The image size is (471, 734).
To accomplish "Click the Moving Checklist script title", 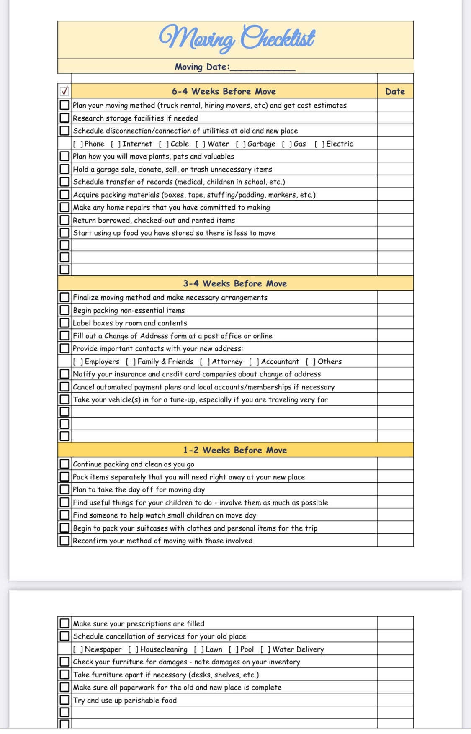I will (237, 39).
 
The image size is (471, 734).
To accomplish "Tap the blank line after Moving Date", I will (263, 67).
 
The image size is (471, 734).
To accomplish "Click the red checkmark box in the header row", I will (64, 91).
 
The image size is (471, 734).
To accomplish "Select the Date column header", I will (395, 91).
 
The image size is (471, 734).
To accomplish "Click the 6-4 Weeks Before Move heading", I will (224, 91).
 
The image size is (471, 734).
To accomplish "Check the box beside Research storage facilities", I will (64, 118).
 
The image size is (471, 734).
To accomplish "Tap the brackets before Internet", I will (116, 144).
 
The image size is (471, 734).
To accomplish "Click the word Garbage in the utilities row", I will (261, 144).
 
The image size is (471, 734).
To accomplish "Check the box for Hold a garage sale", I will (64, 169).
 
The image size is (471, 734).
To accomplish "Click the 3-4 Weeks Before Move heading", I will (235, 283).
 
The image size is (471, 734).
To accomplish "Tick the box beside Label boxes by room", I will (64, 323).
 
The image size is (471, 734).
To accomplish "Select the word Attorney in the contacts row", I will (227, 361).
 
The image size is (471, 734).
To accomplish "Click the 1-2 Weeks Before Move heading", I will (235, 450).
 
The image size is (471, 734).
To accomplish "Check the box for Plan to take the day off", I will (64, 489).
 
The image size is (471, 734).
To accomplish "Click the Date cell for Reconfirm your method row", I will (395, 541).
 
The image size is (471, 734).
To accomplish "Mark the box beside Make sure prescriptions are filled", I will (64, 623).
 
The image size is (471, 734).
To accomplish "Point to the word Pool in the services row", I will (247, 649).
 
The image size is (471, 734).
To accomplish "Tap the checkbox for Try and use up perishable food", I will (64, 700).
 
